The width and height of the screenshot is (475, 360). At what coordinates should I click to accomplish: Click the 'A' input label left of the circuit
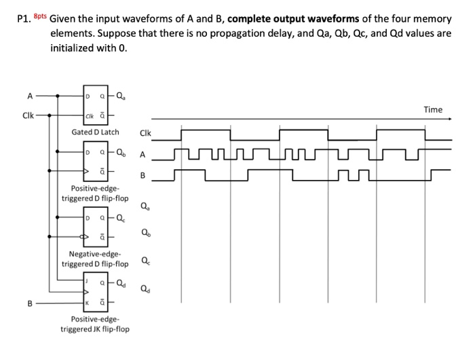[28, 96]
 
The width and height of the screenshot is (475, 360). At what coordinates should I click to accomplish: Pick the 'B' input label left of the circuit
[29, 303]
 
